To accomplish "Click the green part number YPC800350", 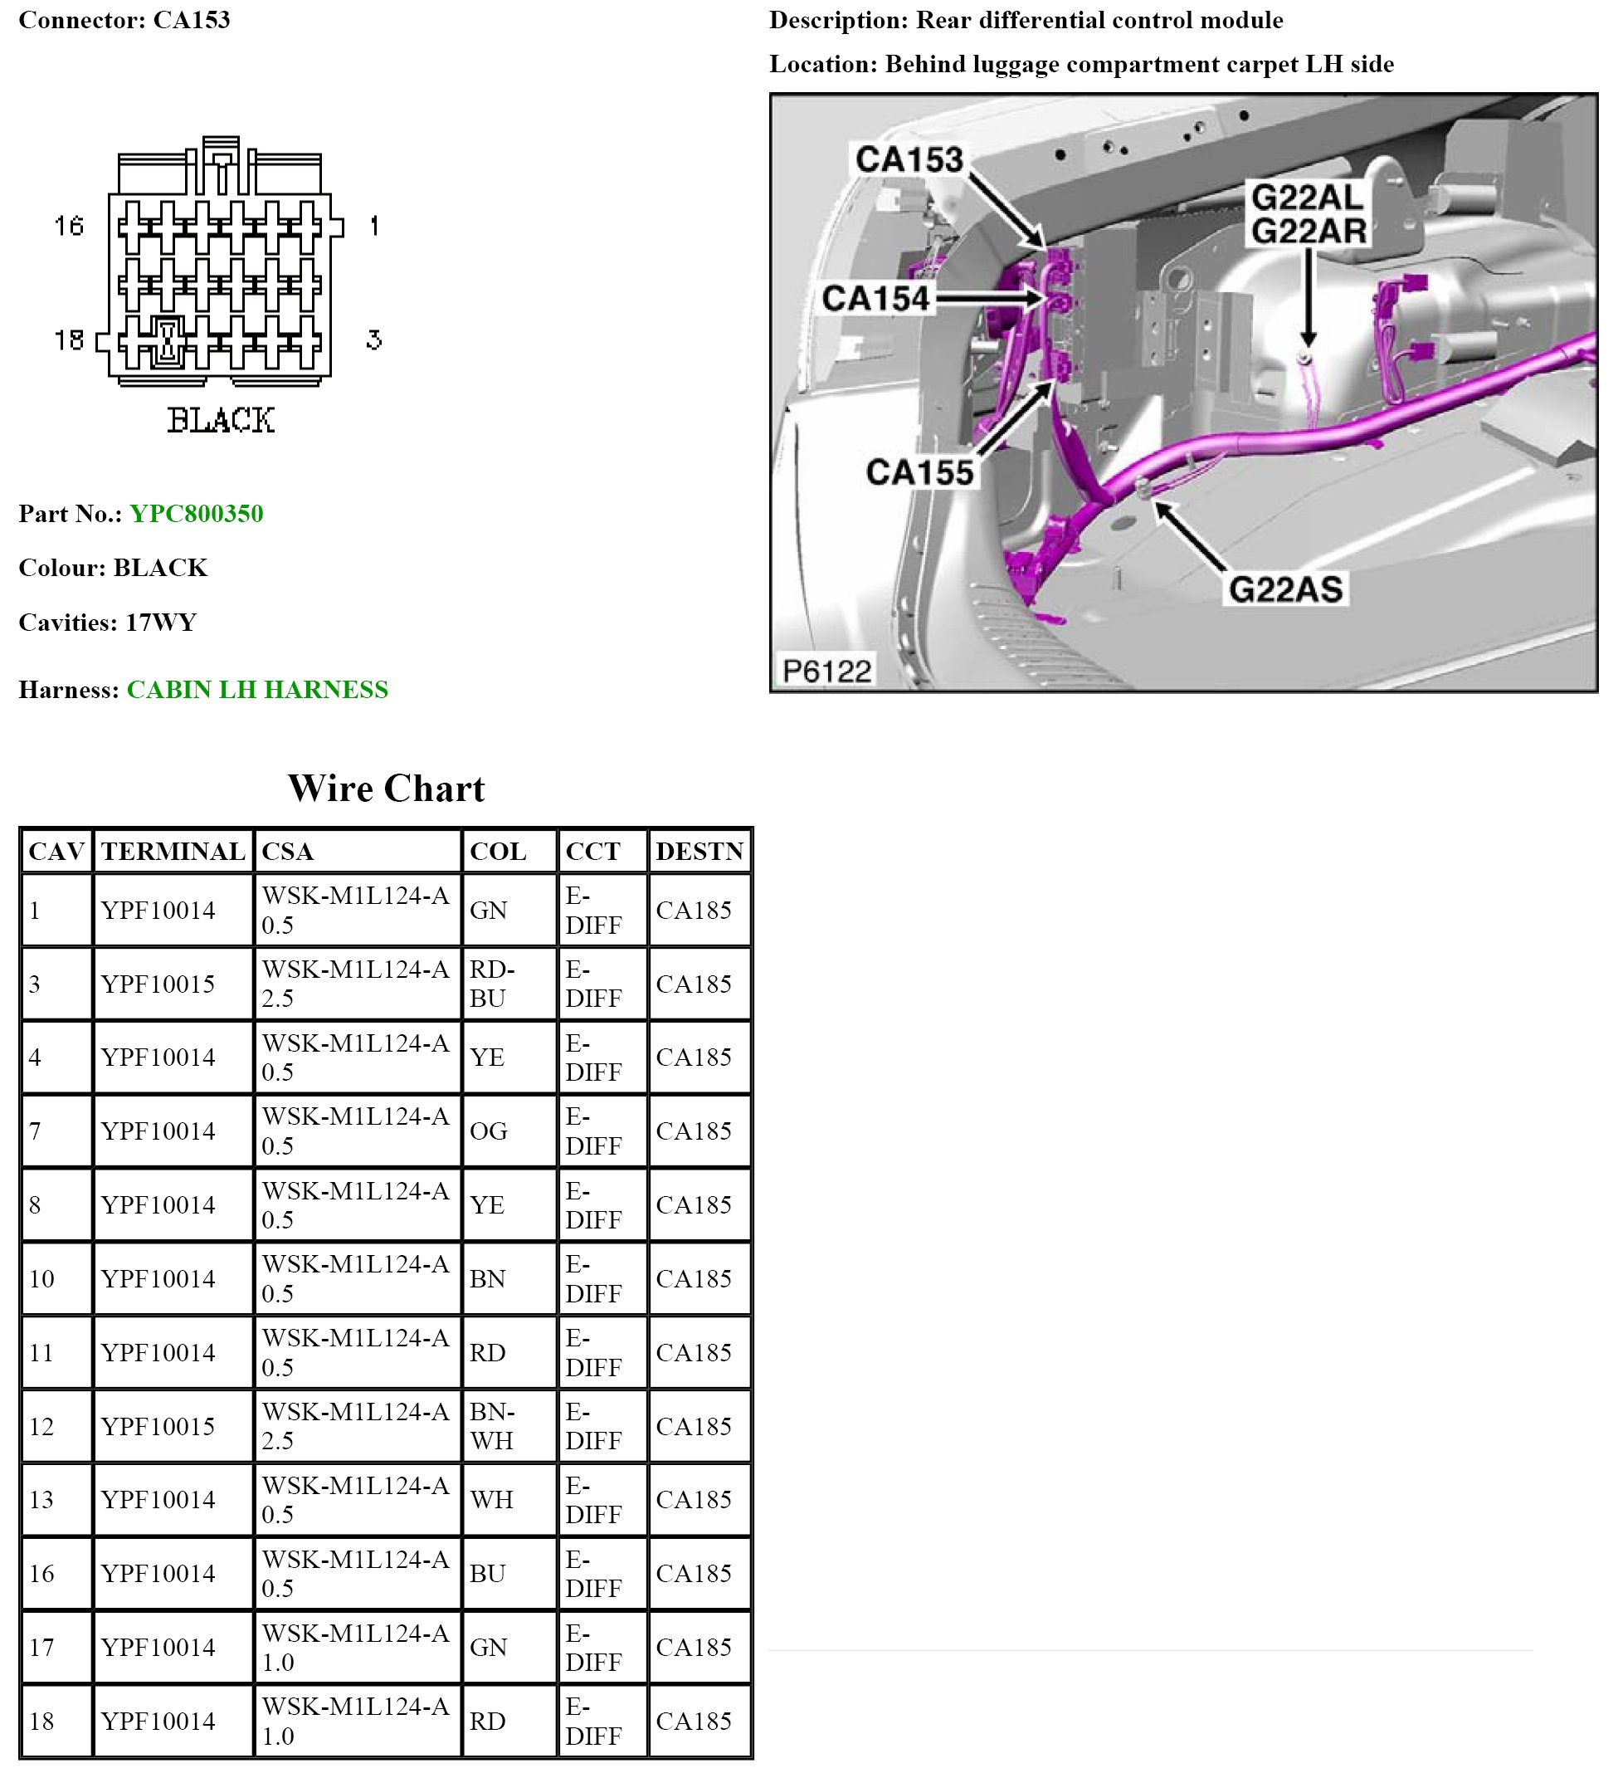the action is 196,514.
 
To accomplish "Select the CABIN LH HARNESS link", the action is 256,690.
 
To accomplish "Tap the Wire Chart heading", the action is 386,789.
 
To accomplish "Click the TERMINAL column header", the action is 173,852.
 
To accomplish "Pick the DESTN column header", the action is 699,852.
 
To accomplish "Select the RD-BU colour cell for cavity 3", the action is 492,984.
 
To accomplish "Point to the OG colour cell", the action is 489,1131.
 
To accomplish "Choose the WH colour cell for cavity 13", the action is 491,1499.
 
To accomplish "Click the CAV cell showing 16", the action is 42,1573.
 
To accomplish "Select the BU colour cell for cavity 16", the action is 488,1573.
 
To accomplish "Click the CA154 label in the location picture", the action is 875,299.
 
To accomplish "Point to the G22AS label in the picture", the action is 1285,589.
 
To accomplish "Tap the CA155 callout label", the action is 919,472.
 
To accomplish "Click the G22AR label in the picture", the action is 1309,232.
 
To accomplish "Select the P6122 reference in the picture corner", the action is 826,671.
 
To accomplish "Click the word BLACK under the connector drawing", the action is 221,420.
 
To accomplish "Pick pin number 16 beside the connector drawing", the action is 69,226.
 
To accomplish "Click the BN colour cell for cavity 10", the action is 488,1279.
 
